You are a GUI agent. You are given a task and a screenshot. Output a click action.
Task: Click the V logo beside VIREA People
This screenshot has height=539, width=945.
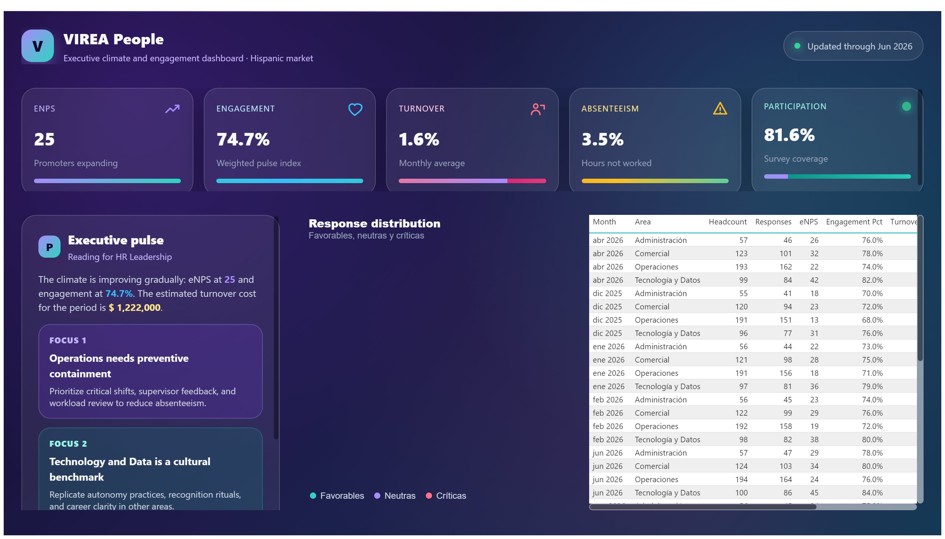pyautogui.click(x=37, y=46)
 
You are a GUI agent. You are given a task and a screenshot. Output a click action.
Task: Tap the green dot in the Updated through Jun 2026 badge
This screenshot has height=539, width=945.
pyautogui.click(x=797, y=46)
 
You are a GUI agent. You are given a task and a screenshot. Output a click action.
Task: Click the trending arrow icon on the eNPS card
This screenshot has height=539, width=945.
pyautogui.click(x=172, y=109)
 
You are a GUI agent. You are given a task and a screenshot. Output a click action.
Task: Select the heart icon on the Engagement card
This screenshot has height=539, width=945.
pyautogui.click(x=355, y=109)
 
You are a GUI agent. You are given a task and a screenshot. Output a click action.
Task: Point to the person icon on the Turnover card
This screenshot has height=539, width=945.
pyautogui.click(x=537, y=109)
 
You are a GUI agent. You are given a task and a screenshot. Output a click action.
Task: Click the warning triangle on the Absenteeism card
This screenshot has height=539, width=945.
pyautogui.click(x=719, y=109)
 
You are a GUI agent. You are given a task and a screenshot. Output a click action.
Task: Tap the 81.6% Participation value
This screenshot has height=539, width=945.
pyautogui.click(x=789, y=135)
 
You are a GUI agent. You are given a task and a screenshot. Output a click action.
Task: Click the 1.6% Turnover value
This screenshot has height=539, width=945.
pyautogui.click(x=419, y=140)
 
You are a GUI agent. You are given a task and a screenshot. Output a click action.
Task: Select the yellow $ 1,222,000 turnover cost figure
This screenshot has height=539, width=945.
pyautogui.click(x=134, y=308)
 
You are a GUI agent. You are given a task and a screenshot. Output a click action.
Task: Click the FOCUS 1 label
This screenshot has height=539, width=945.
pyautogui.click(x=68, y=341)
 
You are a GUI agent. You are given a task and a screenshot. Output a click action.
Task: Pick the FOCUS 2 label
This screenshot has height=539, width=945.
pyautogui.click(x=68, y=444)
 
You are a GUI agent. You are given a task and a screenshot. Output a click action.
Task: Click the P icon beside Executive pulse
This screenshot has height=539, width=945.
pyautogui.click(x=49, y=247)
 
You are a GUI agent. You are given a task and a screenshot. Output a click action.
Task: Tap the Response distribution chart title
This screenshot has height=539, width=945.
pyautogui.click(x=374, y=224)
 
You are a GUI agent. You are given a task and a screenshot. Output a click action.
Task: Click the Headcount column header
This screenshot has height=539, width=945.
pyautogui.click(x=727, y=222)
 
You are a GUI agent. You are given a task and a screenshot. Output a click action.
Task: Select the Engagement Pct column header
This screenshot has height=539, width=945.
pyautogui.click(x=853, y=222)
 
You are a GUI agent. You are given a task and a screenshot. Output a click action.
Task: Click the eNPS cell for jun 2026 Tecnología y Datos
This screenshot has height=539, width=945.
pyautogui.click(x=814, y=493)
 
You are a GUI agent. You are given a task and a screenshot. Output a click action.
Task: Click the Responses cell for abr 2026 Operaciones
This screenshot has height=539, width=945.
pyautogui.click(x=785, y=267)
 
